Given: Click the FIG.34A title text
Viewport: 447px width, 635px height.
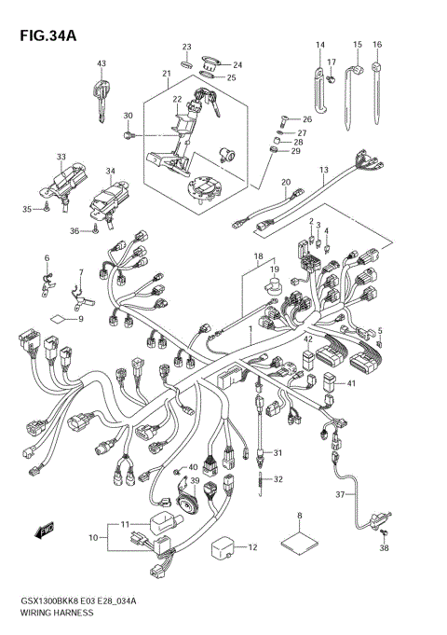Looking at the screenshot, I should pyautogui.click(x=42, y=36).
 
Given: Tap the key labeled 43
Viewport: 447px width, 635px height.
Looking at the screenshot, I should pyautogui.click(x=100, y=93).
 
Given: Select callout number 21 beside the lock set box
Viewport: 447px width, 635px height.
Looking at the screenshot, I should pyautogui.click(x=167, y=75).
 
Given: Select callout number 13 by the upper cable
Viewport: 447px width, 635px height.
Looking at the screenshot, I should pyautogui.click(x=324, y=170).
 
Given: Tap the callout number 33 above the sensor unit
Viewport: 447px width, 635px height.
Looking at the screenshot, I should pyautogui.click(x=61, y=157).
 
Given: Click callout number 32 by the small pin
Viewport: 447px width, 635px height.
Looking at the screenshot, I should pyautogui.click(x=278, y=479).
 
